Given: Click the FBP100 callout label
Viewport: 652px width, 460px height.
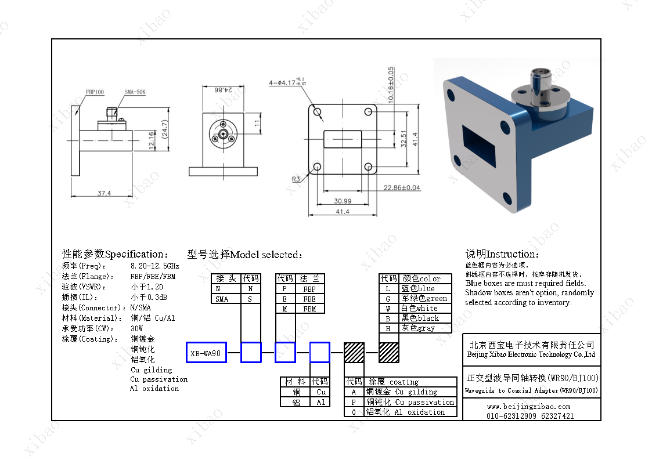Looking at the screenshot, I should (95, 92).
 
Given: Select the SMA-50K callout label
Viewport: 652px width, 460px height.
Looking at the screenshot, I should (135, 92).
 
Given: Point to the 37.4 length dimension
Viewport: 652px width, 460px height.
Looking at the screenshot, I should (104, 193).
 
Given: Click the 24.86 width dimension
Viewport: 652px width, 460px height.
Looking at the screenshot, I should (222, 90).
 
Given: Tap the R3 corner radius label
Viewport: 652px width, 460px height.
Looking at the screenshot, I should (296, 179).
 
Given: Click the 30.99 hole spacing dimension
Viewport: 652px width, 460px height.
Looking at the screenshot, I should (343, 201).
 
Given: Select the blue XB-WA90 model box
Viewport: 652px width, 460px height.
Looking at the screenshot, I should (206, 353).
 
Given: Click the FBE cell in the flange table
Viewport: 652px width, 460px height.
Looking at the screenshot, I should (309, 299).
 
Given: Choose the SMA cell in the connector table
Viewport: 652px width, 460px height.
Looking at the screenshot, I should (222, 299).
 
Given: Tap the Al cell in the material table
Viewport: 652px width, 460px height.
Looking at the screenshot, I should (321, 402).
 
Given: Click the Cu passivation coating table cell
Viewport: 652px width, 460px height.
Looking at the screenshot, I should (410, 402).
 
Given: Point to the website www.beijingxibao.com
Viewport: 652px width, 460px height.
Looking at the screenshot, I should (528, 407).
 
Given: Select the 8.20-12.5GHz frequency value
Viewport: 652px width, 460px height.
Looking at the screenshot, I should (154, 266).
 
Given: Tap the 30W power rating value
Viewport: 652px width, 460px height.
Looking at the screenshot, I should (136, 328).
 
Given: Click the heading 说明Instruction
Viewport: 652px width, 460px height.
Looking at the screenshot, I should (502, 254).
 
